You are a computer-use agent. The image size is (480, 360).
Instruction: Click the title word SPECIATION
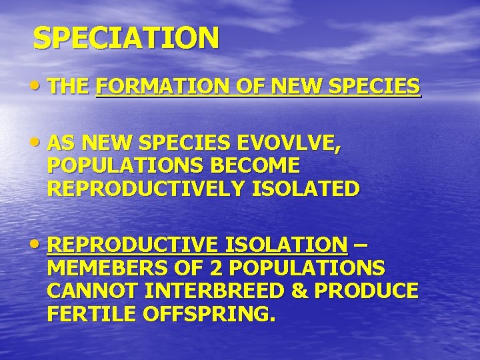126,38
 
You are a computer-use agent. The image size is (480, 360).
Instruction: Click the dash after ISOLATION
360,245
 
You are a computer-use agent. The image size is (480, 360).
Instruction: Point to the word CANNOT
93,291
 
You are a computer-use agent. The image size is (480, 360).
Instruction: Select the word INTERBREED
216,291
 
